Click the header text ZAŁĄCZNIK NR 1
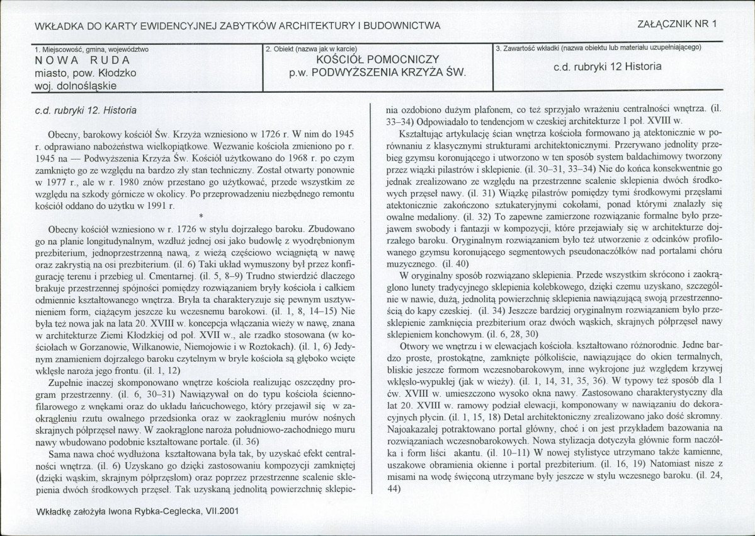(x=678, y=25)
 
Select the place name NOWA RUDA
(x=82, y=61)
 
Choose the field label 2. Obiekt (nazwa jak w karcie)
(x=311, y=49)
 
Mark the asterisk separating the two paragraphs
(x=200, y=216)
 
